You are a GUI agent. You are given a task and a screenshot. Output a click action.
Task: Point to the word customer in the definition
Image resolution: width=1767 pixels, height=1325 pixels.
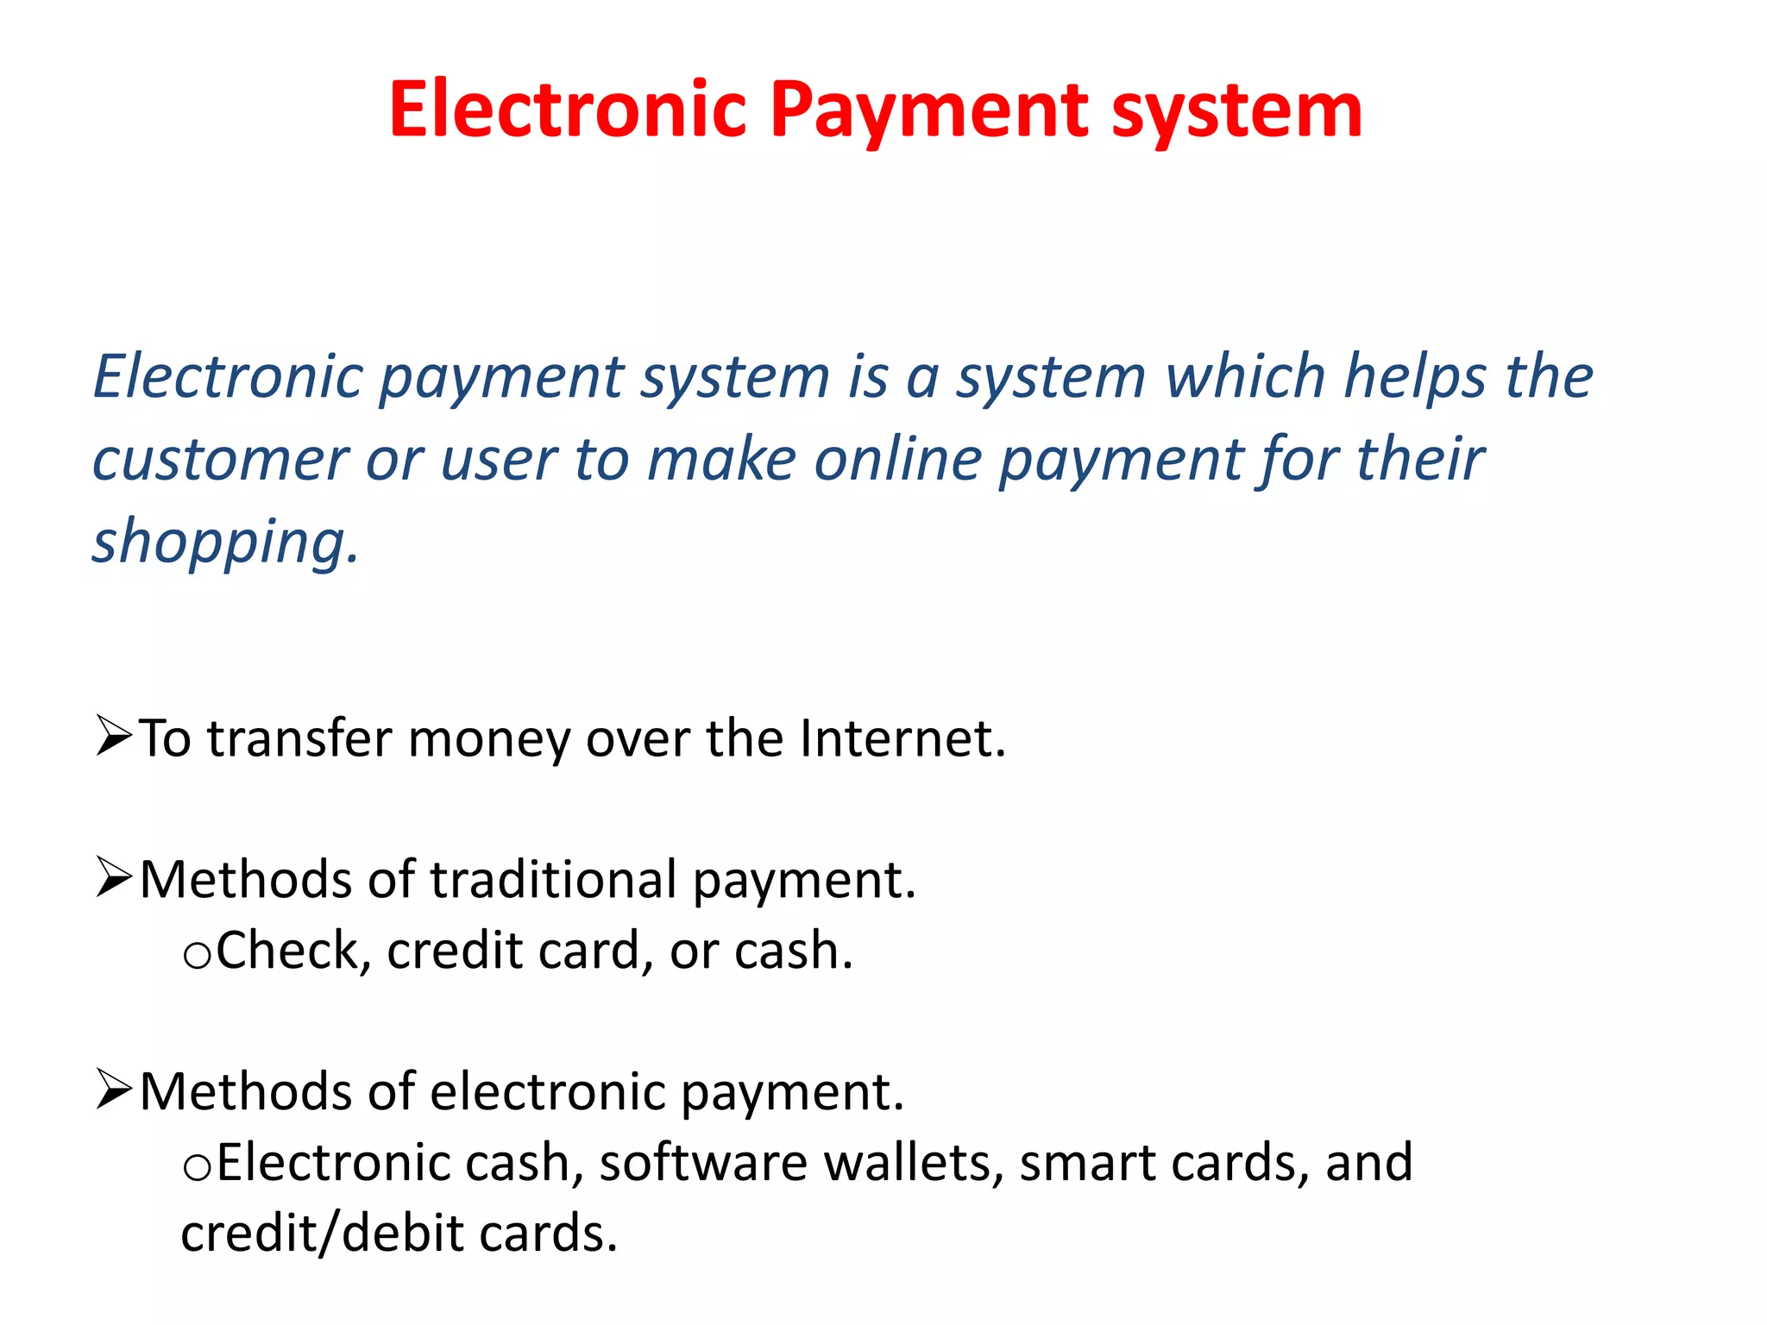pos(220,459)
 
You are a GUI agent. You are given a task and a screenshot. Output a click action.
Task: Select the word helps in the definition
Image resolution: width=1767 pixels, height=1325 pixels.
pos(1416,378)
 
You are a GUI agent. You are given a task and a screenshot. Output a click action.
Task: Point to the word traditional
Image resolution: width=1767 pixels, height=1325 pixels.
pos(553,880)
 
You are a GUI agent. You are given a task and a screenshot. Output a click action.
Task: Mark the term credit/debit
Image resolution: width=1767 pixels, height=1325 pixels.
pos(324,1234)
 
